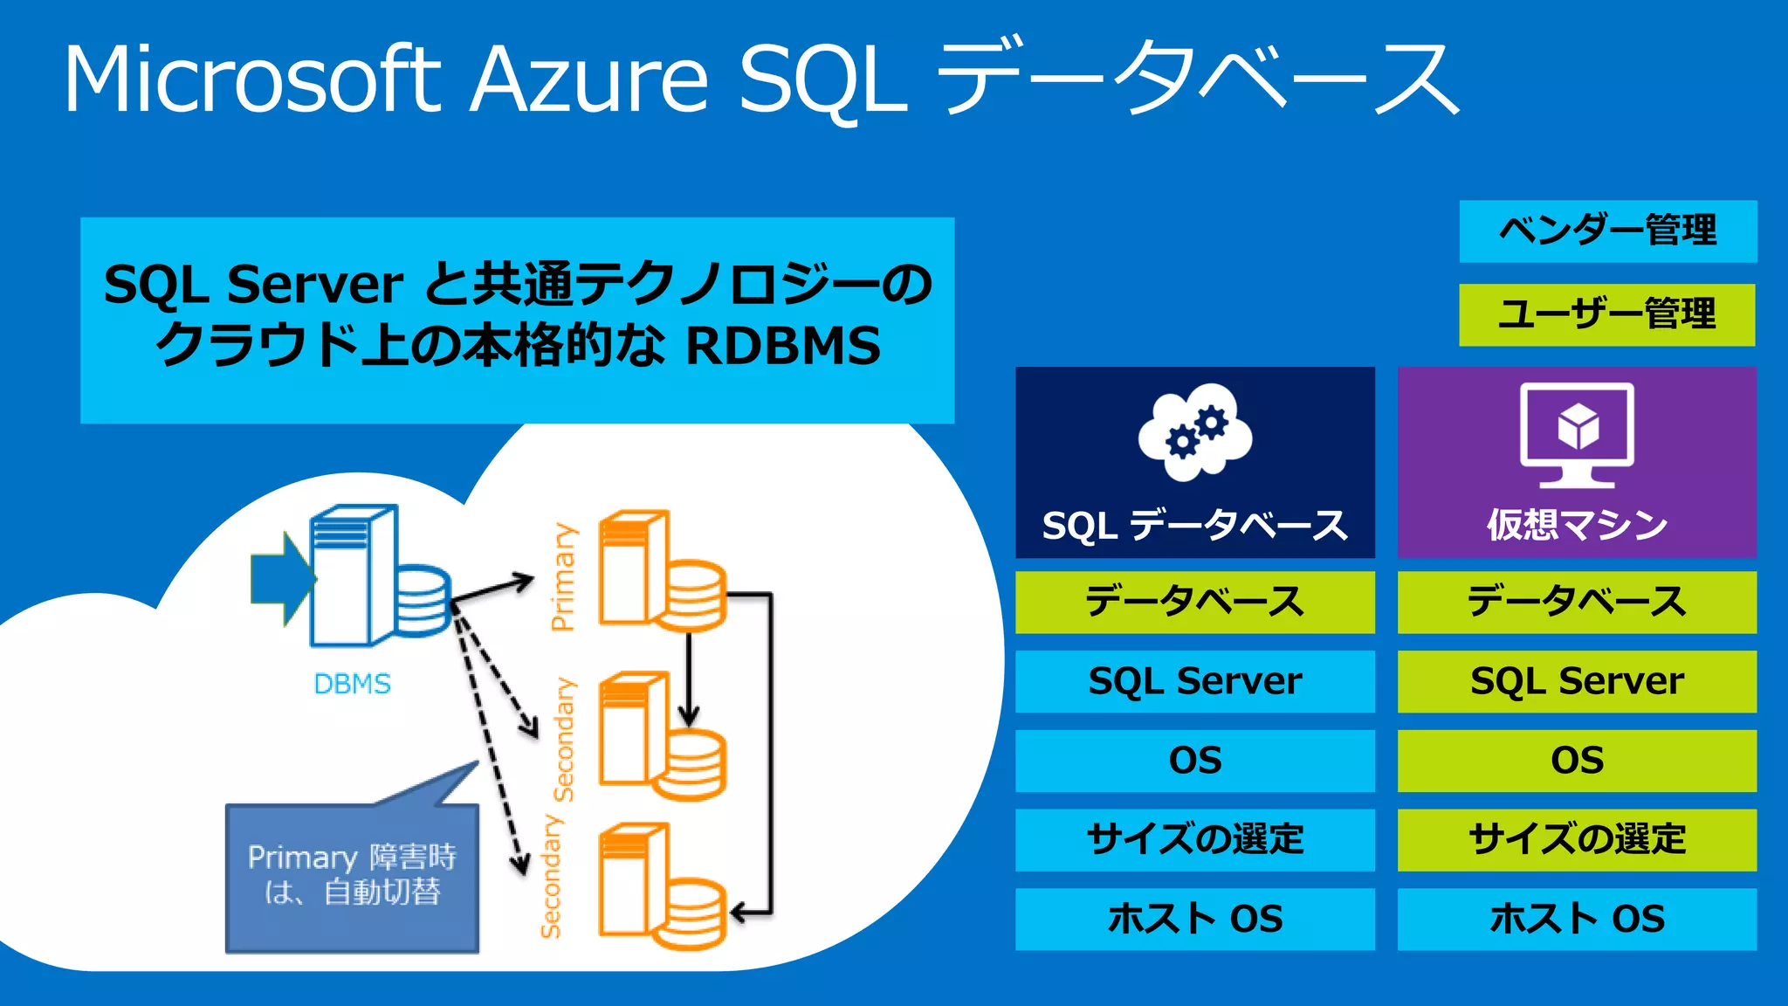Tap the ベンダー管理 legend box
tap(1607, 231)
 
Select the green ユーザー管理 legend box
tap(1606, 314)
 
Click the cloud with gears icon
tap(1194, 432)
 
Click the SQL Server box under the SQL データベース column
tap(1194, 681)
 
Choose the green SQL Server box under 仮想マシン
tap(1577, 681)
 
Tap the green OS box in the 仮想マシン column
tap(1577, 761)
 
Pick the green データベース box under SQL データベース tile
tap(1194, 603)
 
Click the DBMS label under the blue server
tap(352, 684)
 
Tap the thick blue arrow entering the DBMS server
tap(281, 579)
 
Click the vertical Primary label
tap(564, 576)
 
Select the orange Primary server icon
tap(660, 572)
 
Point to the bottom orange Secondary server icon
tap(660, 886)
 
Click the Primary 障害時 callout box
tap(352, 876)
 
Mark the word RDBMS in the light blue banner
tap(783, 346)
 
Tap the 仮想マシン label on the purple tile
tap(1577, 525)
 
